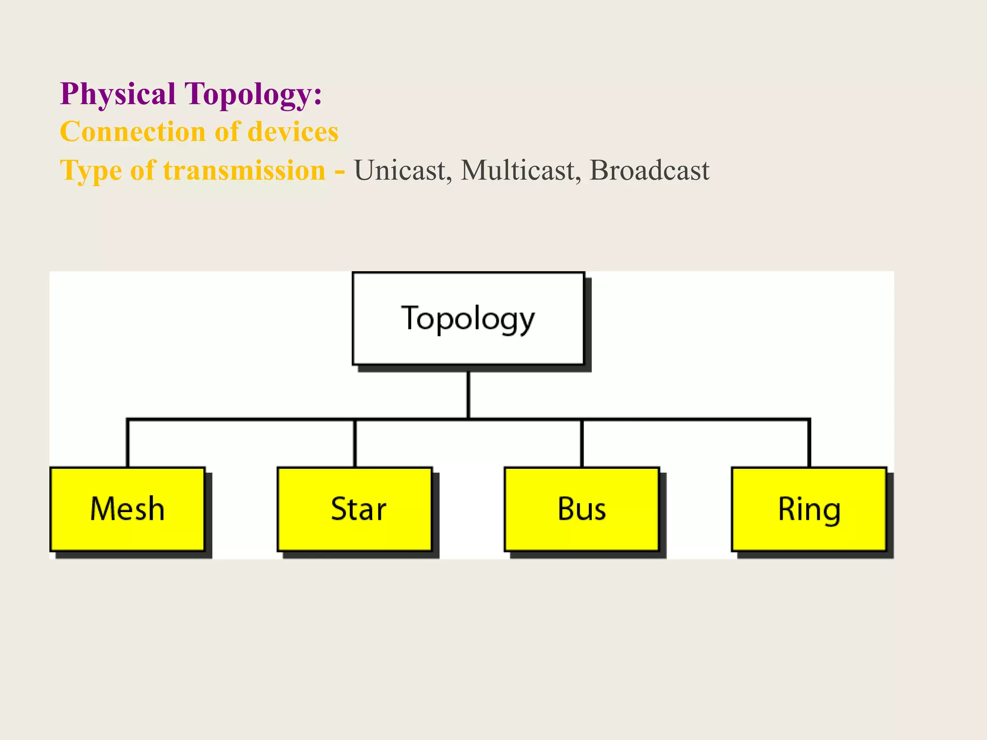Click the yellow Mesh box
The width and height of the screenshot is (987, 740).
(128, 509)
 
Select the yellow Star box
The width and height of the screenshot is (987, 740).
(355, 509)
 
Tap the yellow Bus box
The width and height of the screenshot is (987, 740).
(582, 509)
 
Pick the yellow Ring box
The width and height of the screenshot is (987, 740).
(809, 509)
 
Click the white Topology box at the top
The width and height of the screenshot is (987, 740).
(468, 319)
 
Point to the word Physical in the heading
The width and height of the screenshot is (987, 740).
(118, 94)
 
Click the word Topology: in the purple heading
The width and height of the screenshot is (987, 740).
(253, 94)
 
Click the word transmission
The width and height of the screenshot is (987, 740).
(244, 171)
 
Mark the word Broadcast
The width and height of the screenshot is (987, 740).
(649, 171)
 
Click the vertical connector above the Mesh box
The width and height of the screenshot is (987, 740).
(128, 443)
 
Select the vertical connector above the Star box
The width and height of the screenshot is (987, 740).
(355, 443)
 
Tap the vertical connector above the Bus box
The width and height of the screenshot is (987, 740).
(582, 443)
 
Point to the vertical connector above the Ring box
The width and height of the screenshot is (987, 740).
(809, 443)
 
